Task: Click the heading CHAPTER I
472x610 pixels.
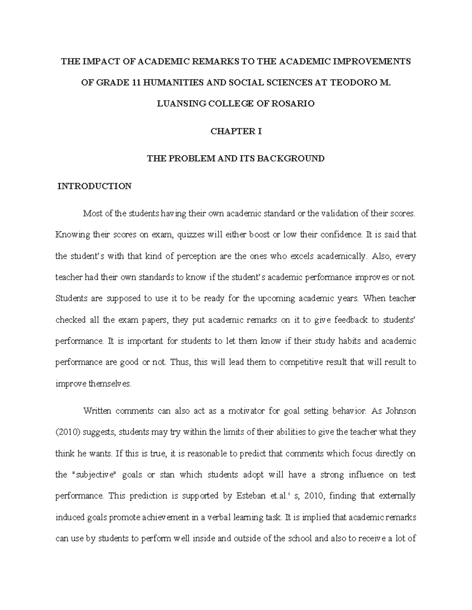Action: coord(236,132)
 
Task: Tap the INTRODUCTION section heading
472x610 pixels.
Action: coord(95,186)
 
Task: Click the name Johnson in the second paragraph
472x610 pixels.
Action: coord(400,411)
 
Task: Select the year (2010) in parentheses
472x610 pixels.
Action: coord(68,432)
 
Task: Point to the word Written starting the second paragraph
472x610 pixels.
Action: coord(97,411)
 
